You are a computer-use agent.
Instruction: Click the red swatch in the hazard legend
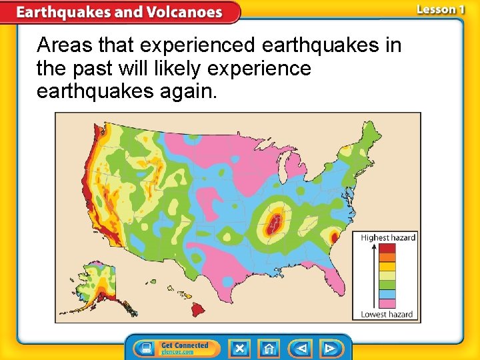(387, 249)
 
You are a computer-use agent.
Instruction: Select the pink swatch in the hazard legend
(387, 303)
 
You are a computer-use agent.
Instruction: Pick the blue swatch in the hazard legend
(387, 294)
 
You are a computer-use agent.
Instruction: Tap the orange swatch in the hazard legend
(387, 257)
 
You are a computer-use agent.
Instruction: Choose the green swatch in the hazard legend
(387, 285)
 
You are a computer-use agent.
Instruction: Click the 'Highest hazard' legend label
(388, 237)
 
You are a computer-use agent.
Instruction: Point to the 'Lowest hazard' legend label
(387, 314)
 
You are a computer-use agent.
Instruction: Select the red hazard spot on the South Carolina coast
(335, 236)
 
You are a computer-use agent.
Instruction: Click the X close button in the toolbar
(239, 348)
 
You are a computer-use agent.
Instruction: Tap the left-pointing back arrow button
(302, 348)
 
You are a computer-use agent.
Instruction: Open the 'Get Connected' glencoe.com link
(177, 348)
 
